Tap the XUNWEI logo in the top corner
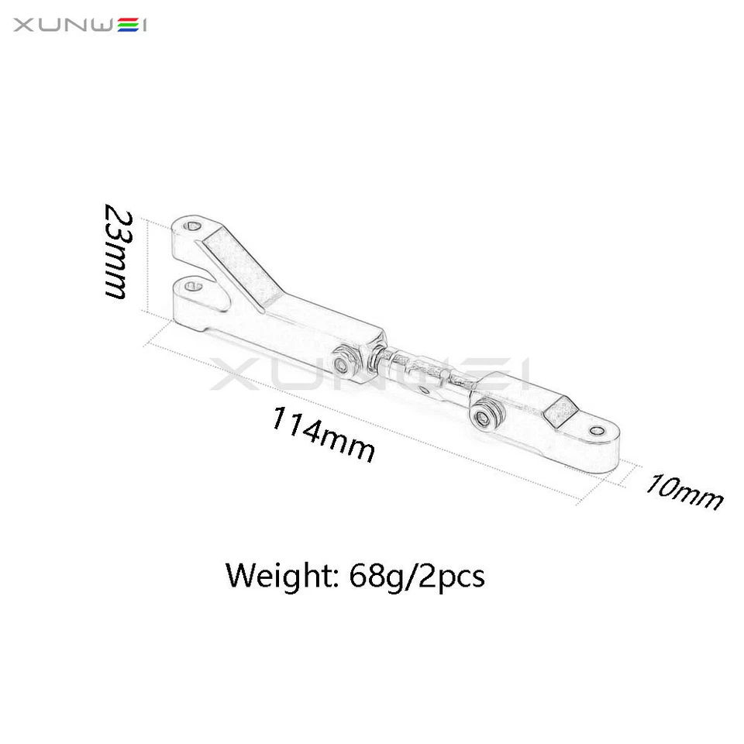(81, 26)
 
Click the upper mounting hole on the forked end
(193, 226)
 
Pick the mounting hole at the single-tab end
(596, 430)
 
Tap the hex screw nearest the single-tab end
(486, 417)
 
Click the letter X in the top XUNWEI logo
(23, 26)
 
